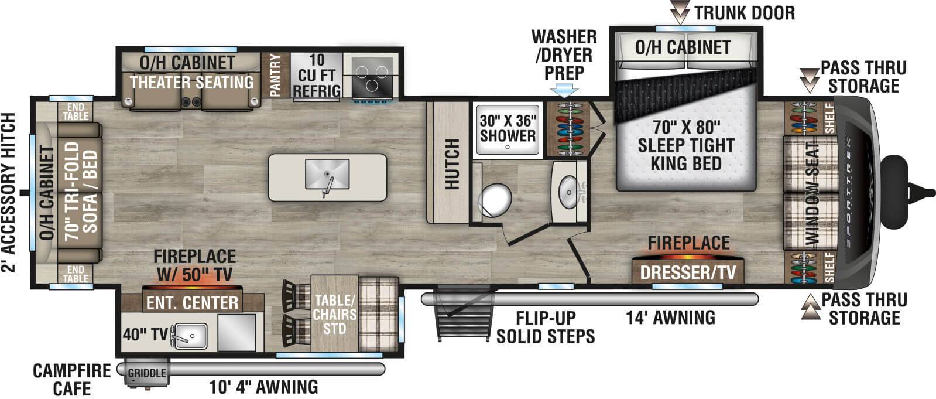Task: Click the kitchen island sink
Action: point(327,175)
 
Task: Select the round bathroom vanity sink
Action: point(568,190)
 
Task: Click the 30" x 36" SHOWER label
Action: point(508,128)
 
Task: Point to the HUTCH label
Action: point(451,163)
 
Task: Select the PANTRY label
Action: point(275,75)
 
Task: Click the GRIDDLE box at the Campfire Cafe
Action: point(146,373)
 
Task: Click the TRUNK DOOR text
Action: point(744,12)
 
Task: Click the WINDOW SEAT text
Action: point(812,193)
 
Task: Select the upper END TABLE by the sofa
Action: point(75,111)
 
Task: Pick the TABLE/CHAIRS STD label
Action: point(334,314)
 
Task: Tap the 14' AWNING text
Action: point(670,318)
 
